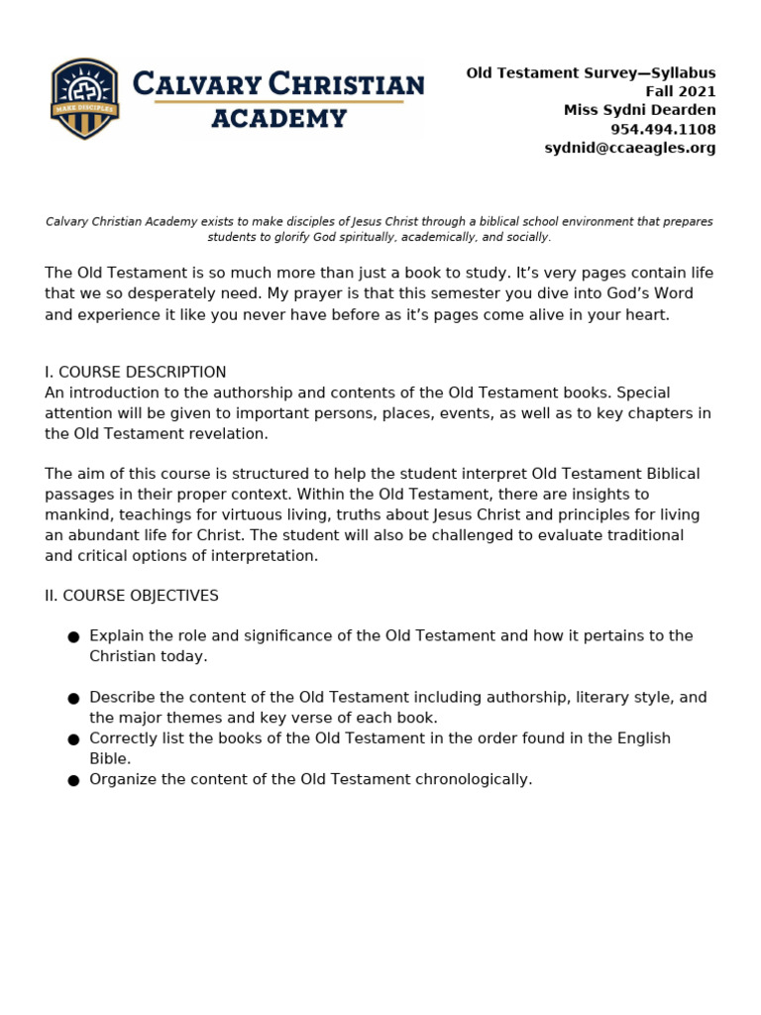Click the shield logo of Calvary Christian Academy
tap(85, 99)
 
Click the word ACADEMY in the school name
tap(278, 119)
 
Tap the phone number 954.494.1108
tap(662, 130)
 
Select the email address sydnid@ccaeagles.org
tap(629, 148)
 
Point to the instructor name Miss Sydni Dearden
tap(639, 110)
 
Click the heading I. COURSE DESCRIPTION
tap(136, 373)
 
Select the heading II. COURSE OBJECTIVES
tap(132, 596)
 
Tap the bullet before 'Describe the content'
tap(73, 699)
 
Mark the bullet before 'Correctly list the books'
tap(73, 739)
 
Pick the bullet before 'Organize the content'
tap(73, 781)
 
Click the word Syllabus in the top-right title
tap(682, 73)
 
